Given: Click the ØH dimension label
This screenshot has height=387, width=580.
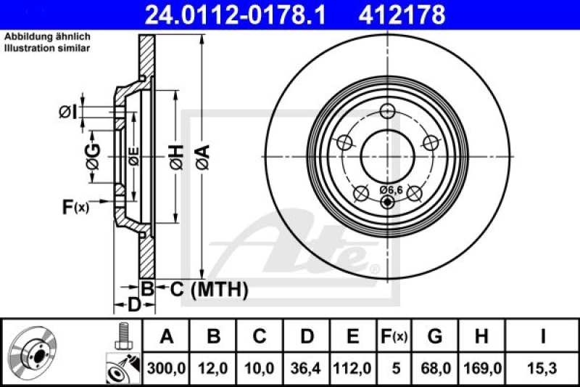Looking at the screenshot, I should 175,154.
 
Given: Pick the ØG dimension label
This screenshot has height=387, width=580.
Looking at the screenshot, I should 92,154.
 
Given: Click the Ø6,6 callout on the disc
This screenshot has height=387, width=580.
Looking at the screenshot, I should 390,190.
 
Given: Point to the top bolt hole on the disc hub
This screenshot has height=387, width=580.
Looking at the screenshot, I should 388,111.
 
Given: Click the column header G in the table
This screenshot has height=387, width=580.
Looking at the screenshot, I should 435,336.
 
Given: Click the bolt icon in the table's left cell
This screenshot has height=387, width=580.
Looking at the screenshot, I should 123,335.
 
